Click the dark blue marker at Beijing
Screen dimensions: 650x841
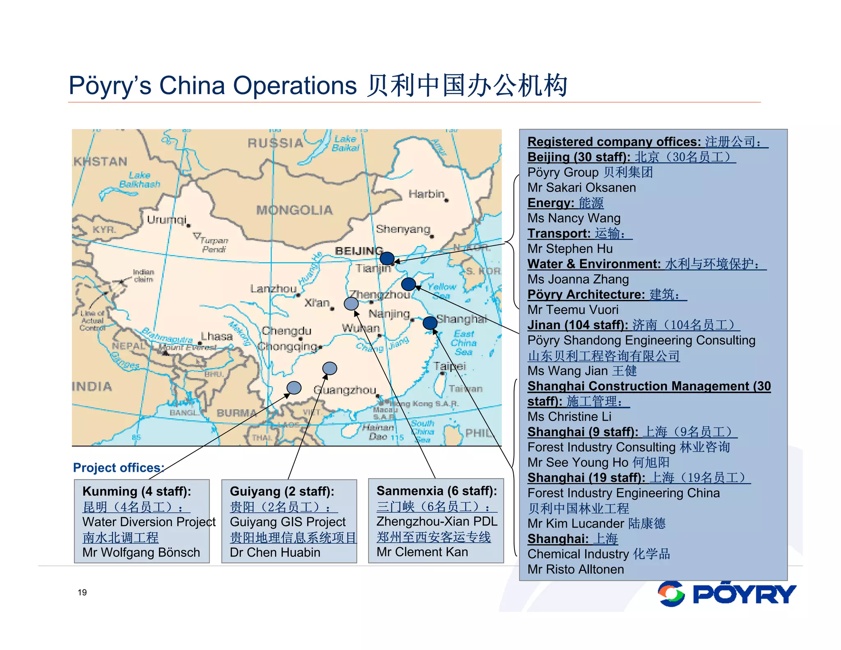387,258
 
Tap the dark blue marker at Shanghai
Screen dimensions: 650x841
430,323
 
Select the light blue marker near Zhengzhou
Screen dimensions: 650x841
351,304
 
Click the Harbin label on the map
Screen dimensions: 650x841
426,194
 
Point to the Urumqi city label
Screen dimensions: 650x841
166,219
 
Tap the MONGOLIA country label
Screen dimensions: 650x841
294,210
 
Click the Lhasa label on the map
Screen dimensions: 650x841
216,337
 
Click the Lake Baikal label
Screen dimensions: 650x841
345,143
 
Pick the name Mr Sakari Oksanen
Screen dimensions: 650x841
581,188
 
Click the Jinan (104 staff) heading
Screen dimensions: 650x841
577,325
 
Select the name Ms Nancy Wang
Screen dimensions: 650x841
574,218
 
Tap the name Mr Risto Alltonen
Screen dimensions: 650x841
575,569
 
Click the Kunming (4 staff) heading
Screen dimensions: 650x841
137,491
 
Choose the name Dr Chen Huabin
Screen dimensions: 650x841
275,553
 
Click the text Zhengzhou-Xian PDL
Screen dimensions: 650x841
437,521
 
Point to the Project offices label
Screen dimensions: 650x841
118,468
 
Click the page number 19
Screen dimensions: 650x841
82,592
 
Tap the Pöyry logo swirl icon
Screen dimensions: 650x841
671,594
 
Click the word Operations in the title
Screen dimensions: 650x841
294,85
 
